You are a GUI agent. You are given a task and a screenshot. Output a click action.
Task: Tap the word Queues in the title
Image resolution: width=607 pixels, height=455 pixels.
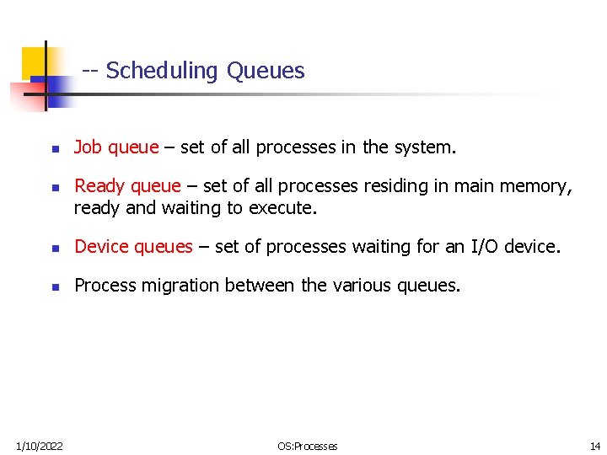point(266,71)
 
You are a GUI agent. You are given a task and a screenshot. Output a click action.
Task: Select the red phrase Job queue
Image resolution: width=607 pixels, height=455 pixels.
point(116,147)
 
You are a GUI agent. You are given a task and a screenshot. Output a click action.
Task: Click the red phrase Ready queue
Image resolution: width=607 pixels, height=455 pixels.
point(127,186)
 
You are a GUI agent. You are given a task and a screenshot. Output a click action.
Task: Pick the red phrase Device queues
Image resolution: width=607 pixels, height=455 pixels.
point(133,247)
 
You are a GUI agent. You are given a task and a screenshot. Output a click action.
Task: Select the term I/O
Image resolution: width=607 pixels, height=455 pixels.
point(488,247)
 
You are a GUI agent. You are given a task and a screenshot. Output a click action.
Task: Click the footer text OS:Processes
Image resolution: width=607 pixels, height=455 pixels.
point(308,446)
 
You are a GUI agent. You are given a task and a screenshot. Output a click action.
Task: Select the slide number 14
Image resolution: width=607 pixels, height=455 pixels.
point(595,446)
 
